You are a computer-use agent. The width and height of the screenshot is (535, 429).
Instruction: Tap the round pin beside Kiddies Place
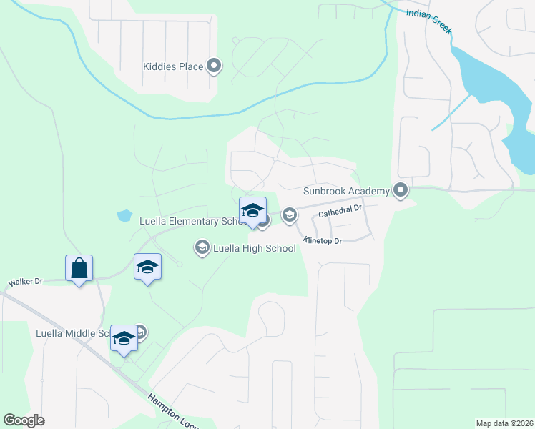[x=214, y=66]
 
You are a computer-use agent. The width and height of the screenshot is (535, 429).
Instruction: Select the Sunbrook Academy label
[x=346, y=191]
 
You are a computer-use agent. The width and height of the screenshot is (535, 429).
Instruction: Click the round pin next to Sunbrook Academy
[x=401, y=190]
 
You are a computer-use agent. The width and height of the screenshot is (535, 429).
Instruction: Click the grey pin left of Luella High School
[x=202, y=247]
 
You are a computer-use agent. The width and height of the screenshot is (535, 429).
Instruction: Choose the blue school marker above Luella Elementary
[x=252, y=210]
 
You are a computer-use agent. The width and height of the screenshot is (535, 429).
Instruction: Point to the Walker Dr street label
[x=26, y=282]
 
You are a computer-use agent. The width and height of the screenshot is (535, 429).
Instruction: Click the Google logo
[x=24, y=420]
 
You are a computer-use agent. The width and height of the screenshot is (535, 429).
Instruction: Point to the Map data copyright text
[x=504, y=423]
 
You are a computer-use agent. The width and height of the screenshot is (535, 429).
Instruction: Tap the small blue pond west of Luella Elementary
[x=124, y=214]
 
